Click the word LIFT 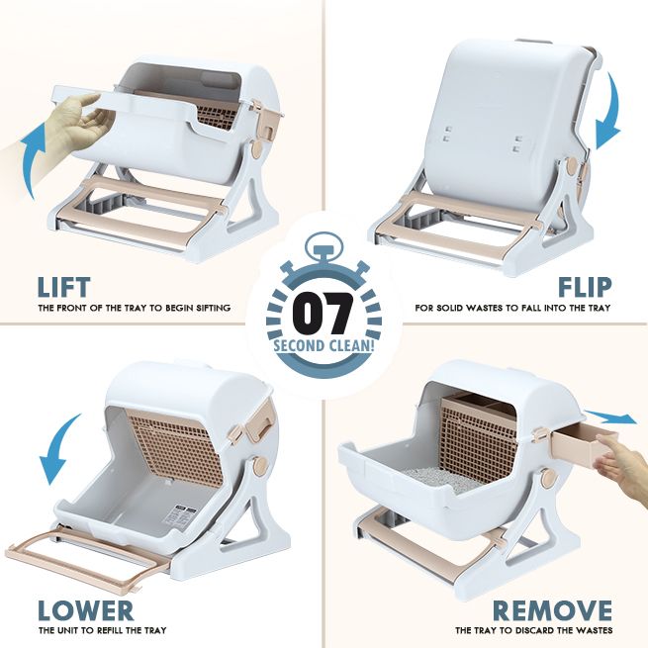65,287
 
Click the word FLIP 583,287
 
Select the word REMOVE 552,609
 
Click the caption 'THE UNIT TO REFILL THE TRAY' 102,630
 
